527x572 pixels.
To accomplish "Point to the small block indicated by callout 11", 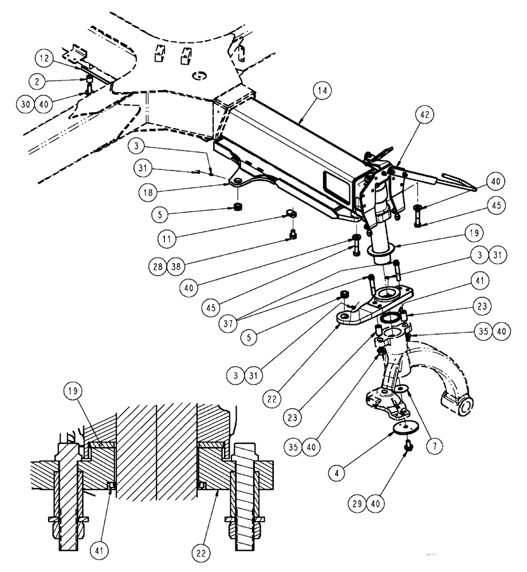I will click(x=292, y=213).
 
